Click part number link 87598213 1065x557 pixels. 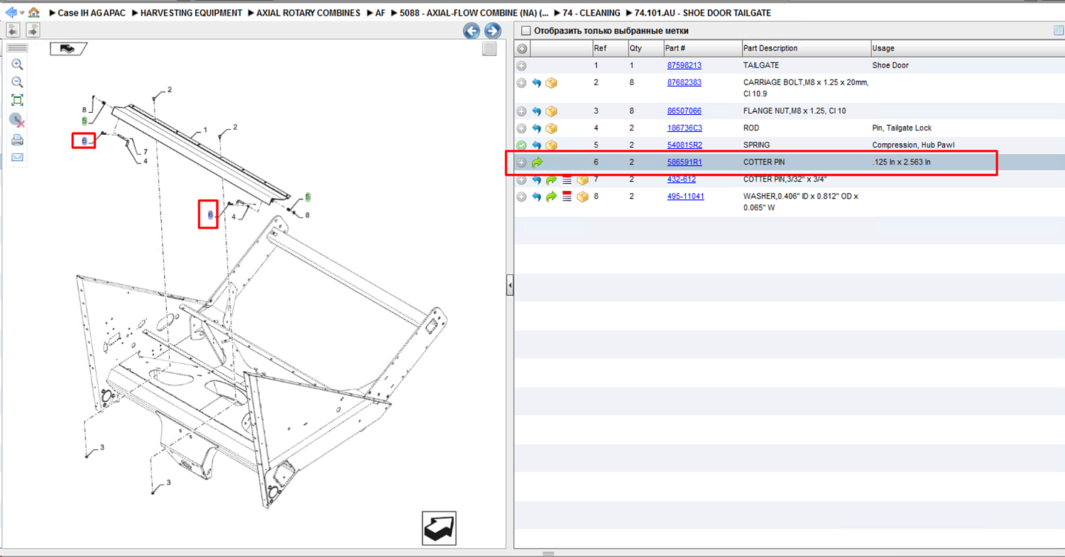[684, 65]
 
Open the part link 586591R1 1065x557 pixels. [684, 162]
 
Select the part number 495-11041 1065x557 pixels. [686, 197]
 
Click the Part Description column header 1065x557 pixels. [770, 48]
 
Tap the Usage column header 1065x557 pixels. [883, 48]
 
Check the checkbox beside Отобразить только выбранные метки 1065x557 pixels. [525, 31]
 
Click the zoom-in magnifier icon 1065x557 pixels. [17, 64]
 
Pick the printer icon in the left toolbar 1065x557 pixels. [17, 140]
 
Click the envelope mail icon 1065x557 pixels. [17, 158]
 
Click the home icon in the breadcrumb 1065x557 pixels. [34, 12]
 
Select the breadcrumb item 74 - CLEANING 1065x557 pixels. [591, 13]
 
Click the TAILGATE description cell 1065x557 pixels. [760, 65]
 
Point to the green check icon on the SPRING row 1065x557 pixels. [522, 145]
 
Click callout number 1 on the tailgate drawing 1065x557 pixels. [205, 129]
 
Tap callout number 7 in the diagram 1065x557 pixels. [146, 152]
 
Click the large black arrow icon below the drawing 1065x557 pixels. [439, 528]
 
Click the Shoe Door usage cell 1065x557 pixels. [890, 65]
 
